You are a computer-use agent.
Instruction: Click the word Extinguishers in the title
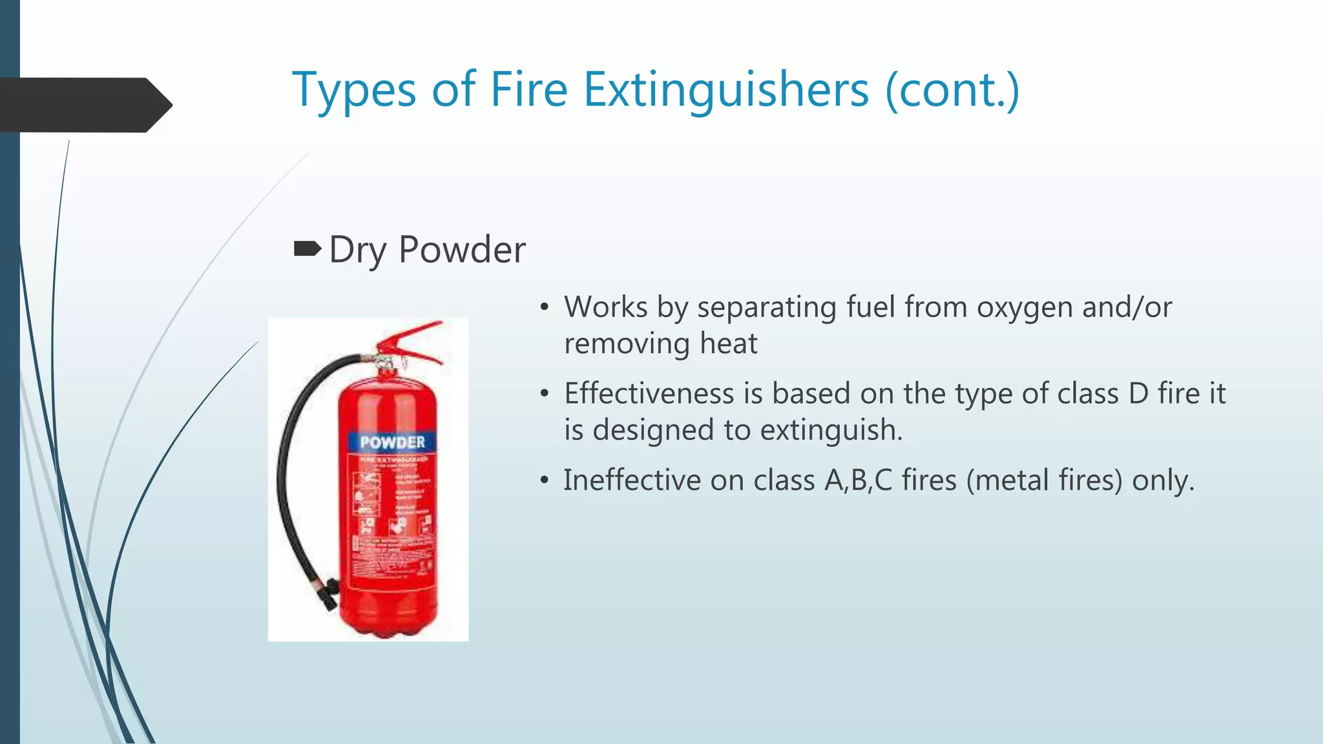click(726, 90)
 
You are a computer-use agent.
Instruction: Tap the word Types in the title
click(354, 90)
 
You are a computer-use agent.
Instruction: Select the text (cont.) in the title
click(952, 90)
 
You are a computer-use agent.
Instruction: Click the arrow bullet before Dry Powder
click(307, 249)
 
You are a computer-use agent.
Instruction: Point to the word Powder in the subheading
click(462, 250)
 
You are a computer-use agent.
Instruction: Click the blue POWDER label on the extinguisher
click(392, 442)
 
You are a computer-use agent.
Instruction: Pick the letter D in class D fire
click(1138, 394)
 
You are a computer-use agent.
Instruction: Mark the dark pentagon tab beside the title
click(84, 105)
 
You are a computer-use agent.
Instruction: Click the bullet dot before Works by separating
click(545, 308)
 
